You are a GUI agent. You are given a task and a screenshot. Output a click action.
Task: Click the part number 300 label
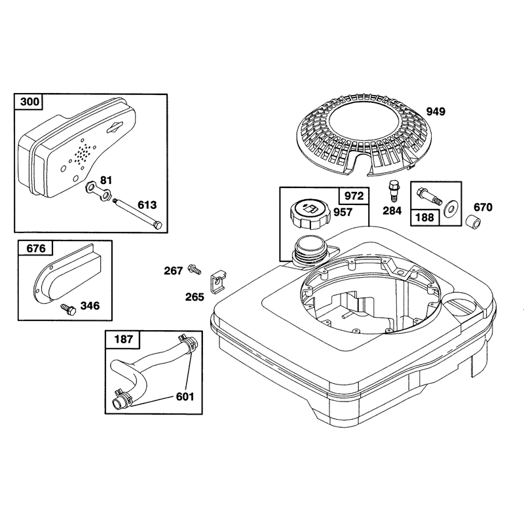click(x=29, y=102)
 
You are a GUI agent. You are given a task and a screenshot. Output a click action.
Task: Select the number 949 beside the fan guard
click(x=436, y=111)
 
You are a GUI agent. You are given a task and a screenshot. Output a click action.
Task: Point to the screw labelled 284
click(x=394, y=191)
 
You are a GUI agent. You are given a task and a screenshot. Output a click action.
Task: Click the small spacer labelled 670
click(x=474, y=222)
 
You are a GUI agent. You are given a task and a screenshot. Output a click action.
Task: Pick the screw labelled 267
click(x=195, y=269)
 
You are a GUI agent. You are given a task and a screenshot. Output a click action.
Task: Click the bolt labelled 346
click(x=68, y=309)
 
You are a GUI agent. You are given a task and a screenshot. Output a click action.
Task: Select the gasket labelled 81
click(x=98, y=191)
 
